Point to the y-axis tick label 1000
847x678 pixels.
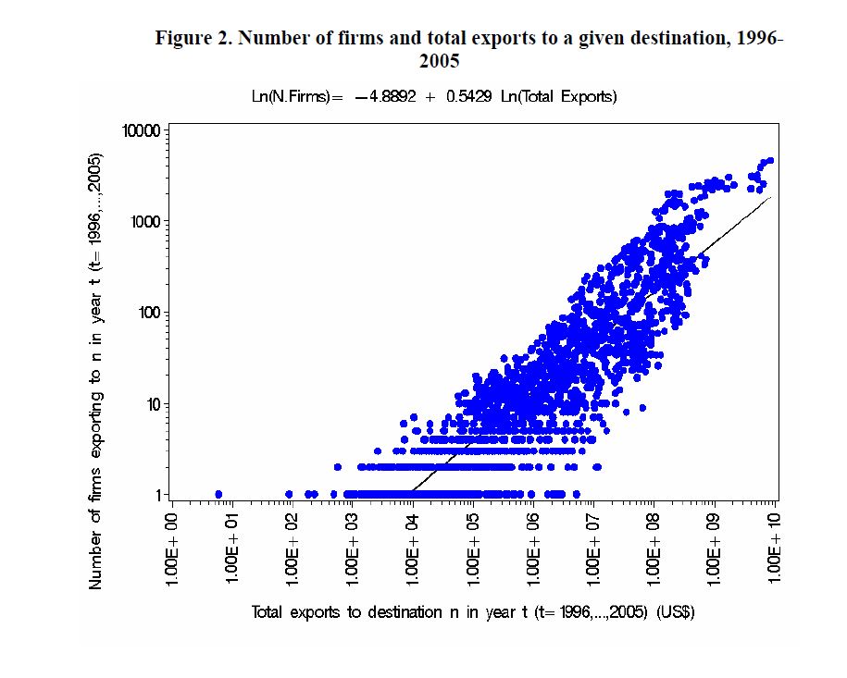click(x=145, y=222)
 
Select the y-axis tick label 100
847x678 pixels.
click(x=149, y=313)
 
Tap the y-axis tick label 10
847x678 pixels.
click(x=153, y=404)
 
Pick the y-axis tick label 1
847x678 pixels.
click(x=157, y=495)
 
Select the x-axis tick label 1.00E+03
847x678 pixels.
click(x=353, y=549)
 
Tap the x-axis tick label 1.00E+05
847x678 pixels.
click(x=473, y=549)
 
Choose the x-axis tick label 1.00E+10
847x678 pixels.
click(x=776, y=549)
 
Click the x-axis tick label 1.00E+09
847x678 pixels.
click(x=715, y=549)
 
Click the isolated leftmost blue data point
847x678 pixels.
click(x=218, y=494)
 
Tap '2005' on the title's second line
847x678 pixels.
click(x=440, y=62)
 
